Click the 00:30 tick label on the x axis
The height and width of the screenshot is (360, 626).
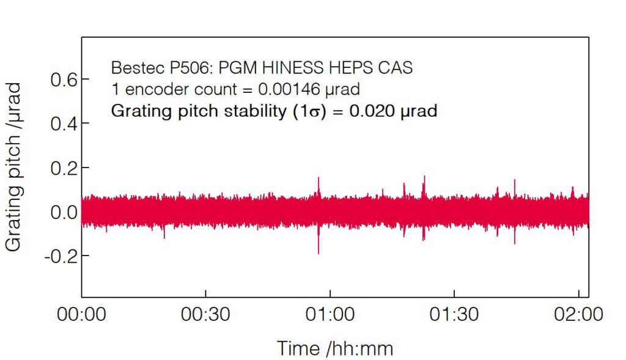coord(205,315)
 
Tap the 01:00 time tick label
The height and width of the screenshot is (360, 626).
coord(330,315)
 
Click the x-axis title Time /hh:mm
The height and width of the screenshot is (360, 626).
coord(335,348)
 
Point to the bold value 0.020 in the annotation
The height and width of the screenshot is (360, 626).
coord(369,111)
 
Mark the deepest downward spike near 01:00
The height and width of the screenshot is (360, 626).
coord(319,252)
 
